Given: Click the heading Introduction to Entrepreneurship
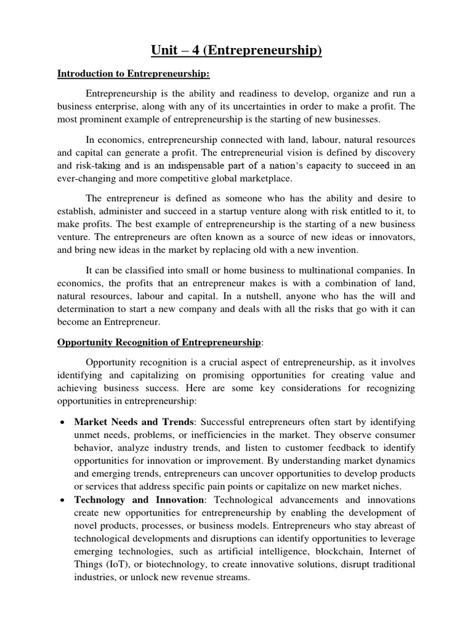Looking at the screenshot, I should (x=134, y=74).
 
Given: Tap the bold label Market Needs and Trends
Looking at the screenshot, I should (x=133, y=421).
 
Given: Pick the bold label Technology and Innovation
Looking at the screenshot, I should (x=139, y=500).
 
